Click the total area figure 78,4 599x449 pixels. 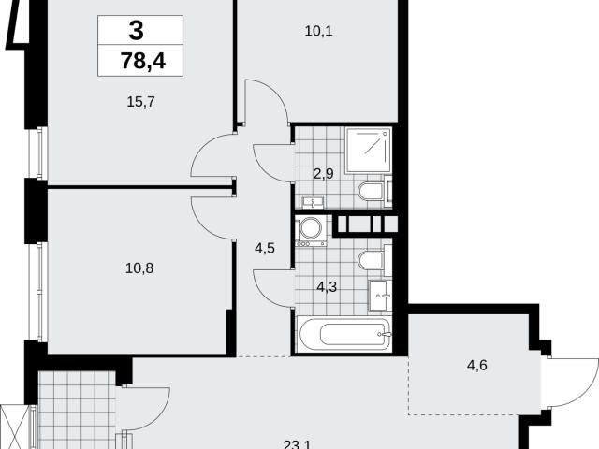143,60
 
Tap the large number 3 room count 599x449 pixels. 137,31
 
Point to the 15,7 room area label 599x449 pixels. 140,102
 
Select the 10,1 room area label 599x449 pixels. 318,31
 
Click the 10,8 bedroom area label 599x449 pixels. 139,268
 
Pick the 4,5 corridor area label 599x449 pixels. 265,249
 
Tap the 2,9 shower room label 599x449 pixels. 324,174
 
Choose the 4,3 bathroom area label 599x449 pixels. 327,286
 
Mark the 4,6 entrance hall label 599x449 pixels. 477,366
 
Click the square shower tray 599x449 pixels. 369,151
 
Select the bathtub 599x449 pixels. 344,335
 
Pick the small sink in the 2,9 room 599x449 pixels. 314,202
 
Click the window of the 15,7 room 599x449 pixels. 38,152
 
